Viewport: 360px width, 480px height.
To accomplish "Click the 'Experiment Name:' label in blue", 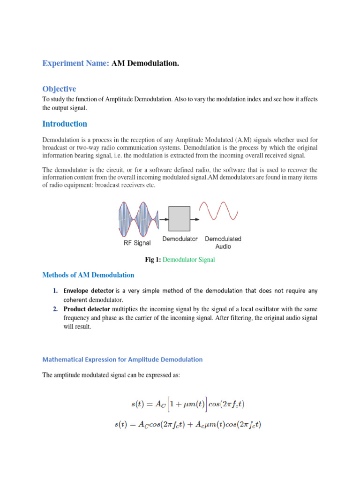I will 76,63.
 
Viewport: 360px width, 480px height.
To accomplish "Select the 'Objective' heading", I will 59,89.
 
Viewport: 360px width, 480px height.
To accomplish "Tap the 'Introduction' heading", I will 65,124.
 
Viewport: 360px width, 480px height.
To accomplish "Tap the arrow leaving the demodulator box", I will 194,218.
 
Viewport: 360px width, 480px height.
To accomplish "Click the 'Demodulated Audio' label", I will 223,242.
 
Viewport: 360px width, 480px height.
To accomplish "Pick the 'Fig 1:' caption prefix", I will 154,259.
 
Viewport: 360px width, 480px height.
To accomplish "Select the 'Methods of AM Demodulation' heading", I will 88,275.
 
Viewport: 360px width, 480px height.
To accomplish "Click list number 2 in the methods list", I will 55,309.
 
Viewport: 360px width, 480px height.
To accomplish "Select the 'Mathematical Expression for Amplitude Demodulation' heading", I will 122,360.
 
